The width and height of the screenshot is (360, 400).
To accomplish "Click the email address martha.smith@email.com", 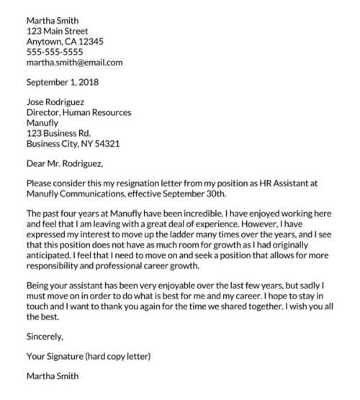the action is [74, 63].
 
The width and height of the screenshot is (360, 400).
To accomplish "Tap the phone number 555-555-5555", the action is [54, 52].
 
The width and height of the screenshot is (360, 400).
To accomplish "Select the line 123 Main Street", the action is [57, 32].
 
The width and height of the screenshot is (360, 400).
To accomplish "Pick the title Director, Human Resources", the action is [78, 113].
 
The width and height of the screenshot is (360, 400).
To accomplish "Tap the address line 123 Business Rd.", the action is [58, 133].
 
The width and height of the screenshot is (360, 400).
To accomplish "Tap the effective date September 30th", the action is [195, 194].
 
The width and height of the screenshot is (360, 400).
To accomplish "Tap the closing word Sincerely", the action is [45, 335].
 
